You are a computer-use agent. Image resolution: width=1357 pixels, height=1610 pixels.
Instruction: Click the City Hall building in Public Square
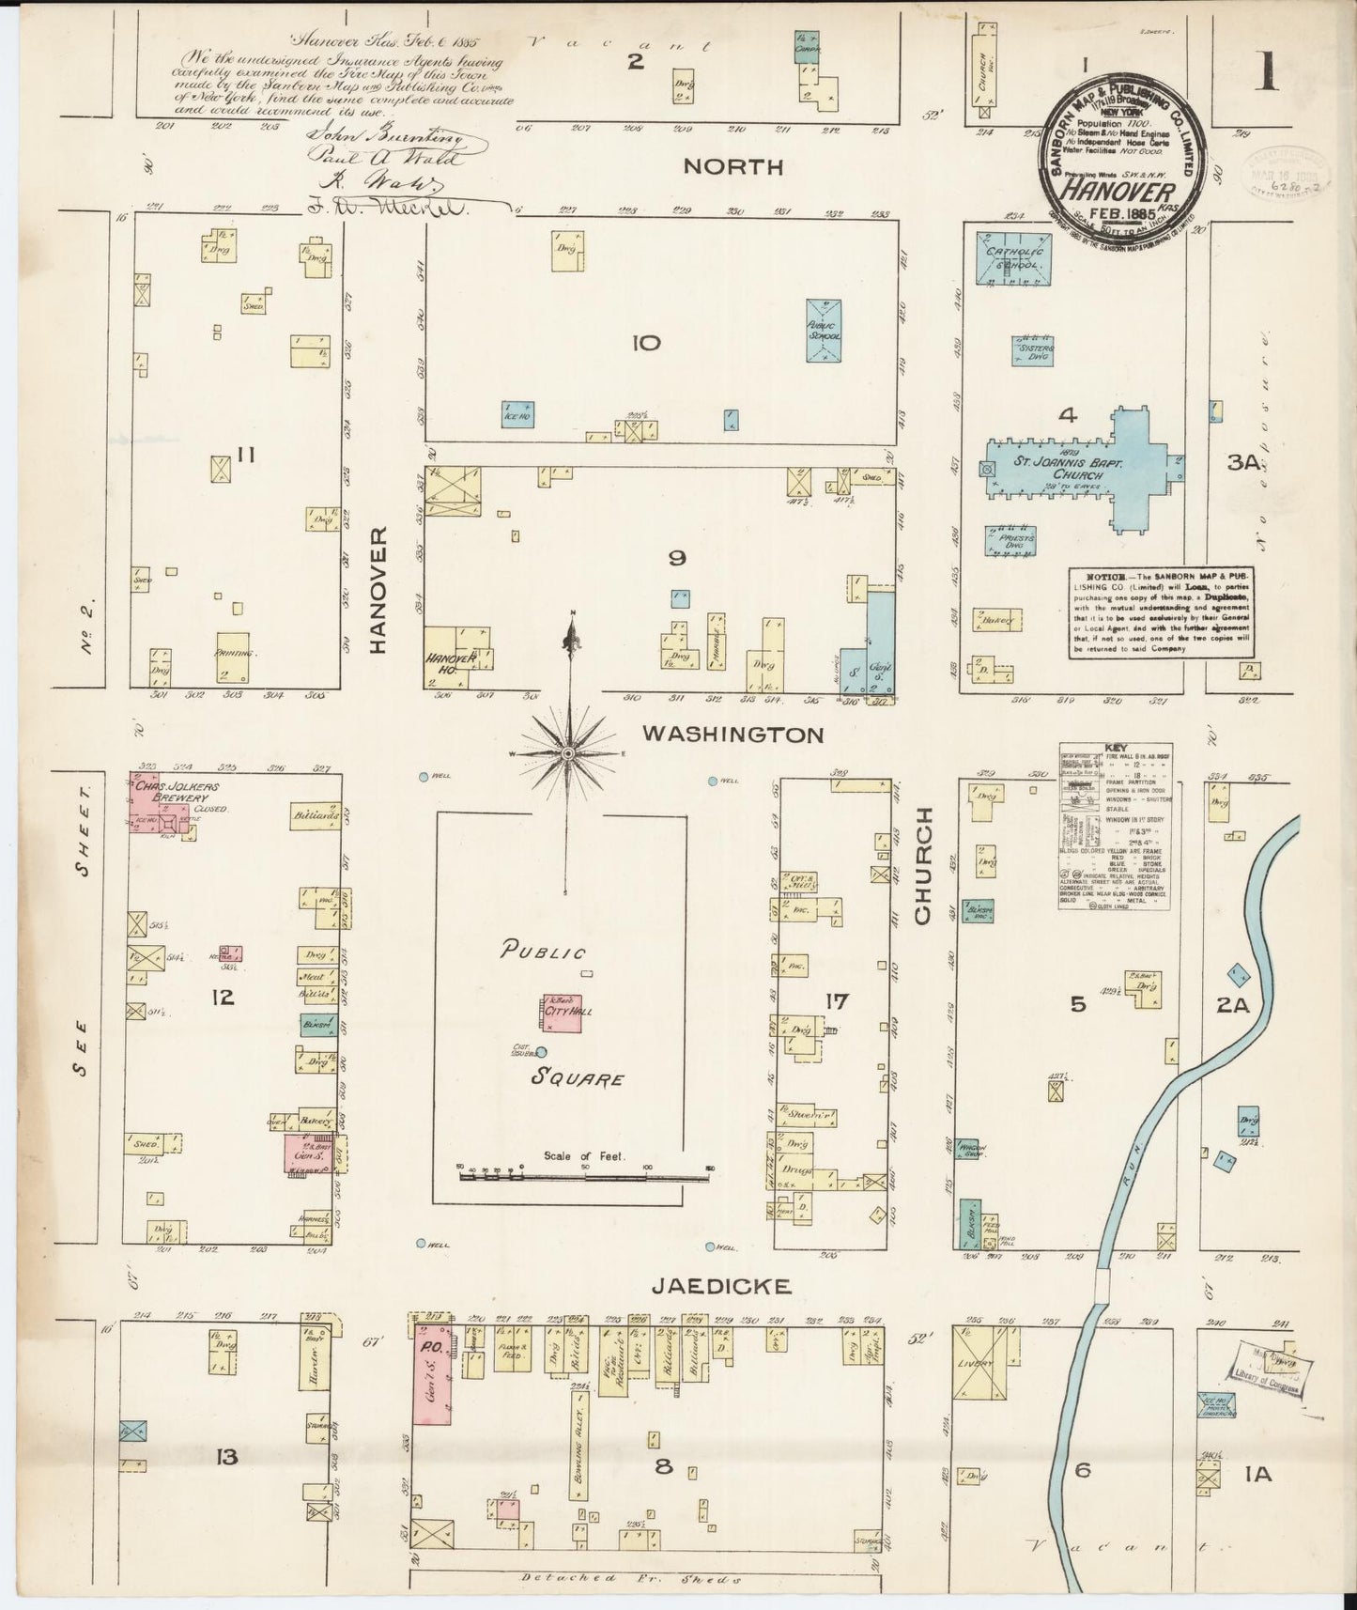point(563,1013)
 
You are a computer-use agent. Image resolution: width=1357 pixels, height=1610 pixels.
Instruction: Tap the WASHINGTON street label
point(732,735)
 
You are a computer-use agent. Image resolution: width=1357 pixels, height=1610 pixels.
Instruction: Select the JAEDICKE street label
point(734,1285)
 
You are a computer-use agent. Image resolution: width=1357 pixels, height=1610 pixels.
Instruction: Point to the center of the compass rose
point(568,754)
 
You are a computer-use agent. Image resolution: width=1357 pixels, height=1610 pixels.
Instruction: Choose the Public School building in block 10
point(823,331)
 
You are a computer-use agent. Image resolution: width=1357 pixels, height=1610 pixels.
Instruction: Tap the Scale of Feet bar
point(583,1175)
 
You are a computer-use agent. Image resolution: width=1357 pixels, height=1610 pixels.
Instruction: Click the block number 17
point(835,1001)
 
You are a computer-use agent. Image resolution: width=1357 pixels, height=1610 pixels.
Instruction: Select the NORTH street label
point(733,167)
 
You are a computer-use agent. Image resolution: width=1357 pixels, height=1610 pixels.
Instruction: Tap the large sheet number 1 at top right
point(1268,71)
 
